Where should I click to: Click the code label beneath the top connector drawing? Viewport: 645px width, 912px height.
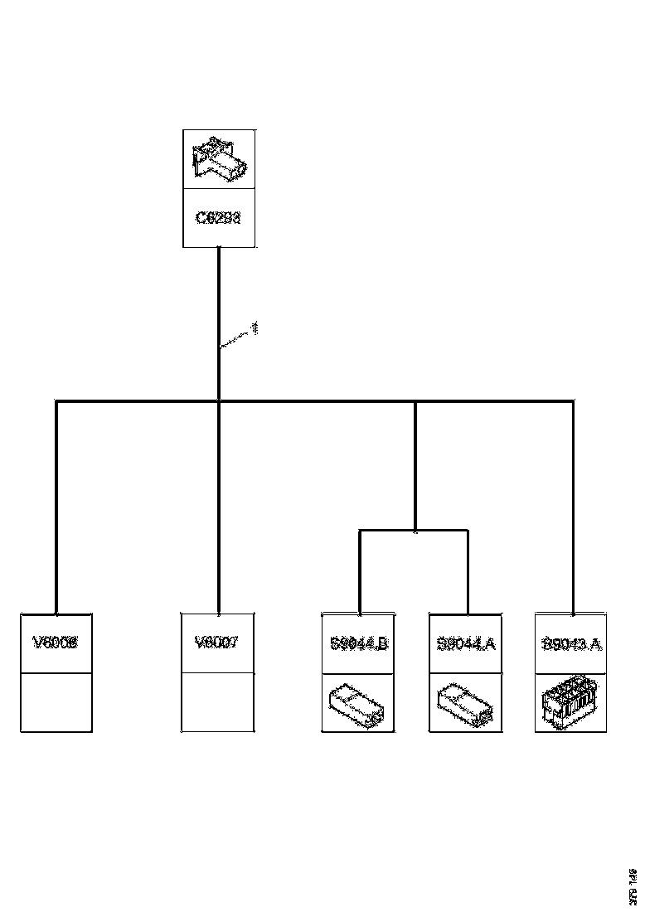(218, 219)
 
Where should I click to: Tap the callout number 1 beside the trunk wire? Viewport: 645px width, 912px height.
(255, 328)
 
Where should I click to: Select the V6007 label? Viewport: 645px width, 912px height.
(216, 643)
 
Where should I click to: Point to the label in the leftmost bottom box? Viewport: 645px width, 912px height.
(56, 643)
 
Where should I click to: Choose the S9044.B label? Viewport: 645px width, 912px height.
(357, 643)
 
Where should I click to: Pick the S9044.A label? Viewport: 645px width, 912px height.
(465, 643)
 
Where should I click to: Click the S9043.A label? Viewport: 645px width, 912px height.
(571, 643)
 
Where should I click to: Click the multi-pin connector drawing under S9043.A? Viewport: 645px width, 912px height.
(571, 702)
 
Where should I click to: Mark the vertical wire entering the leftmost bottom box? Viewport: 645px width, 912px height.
(56, 506)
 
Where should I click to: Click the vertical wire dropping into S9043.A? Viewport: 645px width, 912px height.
(573, 506)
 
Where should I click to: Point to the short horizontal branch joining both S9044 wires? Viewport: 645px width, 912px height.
(414, 531)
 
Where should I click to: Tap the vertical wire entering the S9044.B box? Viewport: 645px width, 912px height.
(360, 572)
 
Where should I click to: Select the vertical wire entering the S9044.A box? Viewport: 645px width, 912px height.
(468, 572)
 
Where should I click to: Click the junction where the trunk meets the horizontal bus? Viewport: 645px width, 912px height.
(219, 401)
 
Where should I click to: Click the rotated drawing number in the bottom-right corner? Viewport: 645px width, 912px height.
(633, 885)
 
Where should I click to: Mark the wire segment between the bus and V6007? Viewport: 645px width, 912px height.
(219, 506)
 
